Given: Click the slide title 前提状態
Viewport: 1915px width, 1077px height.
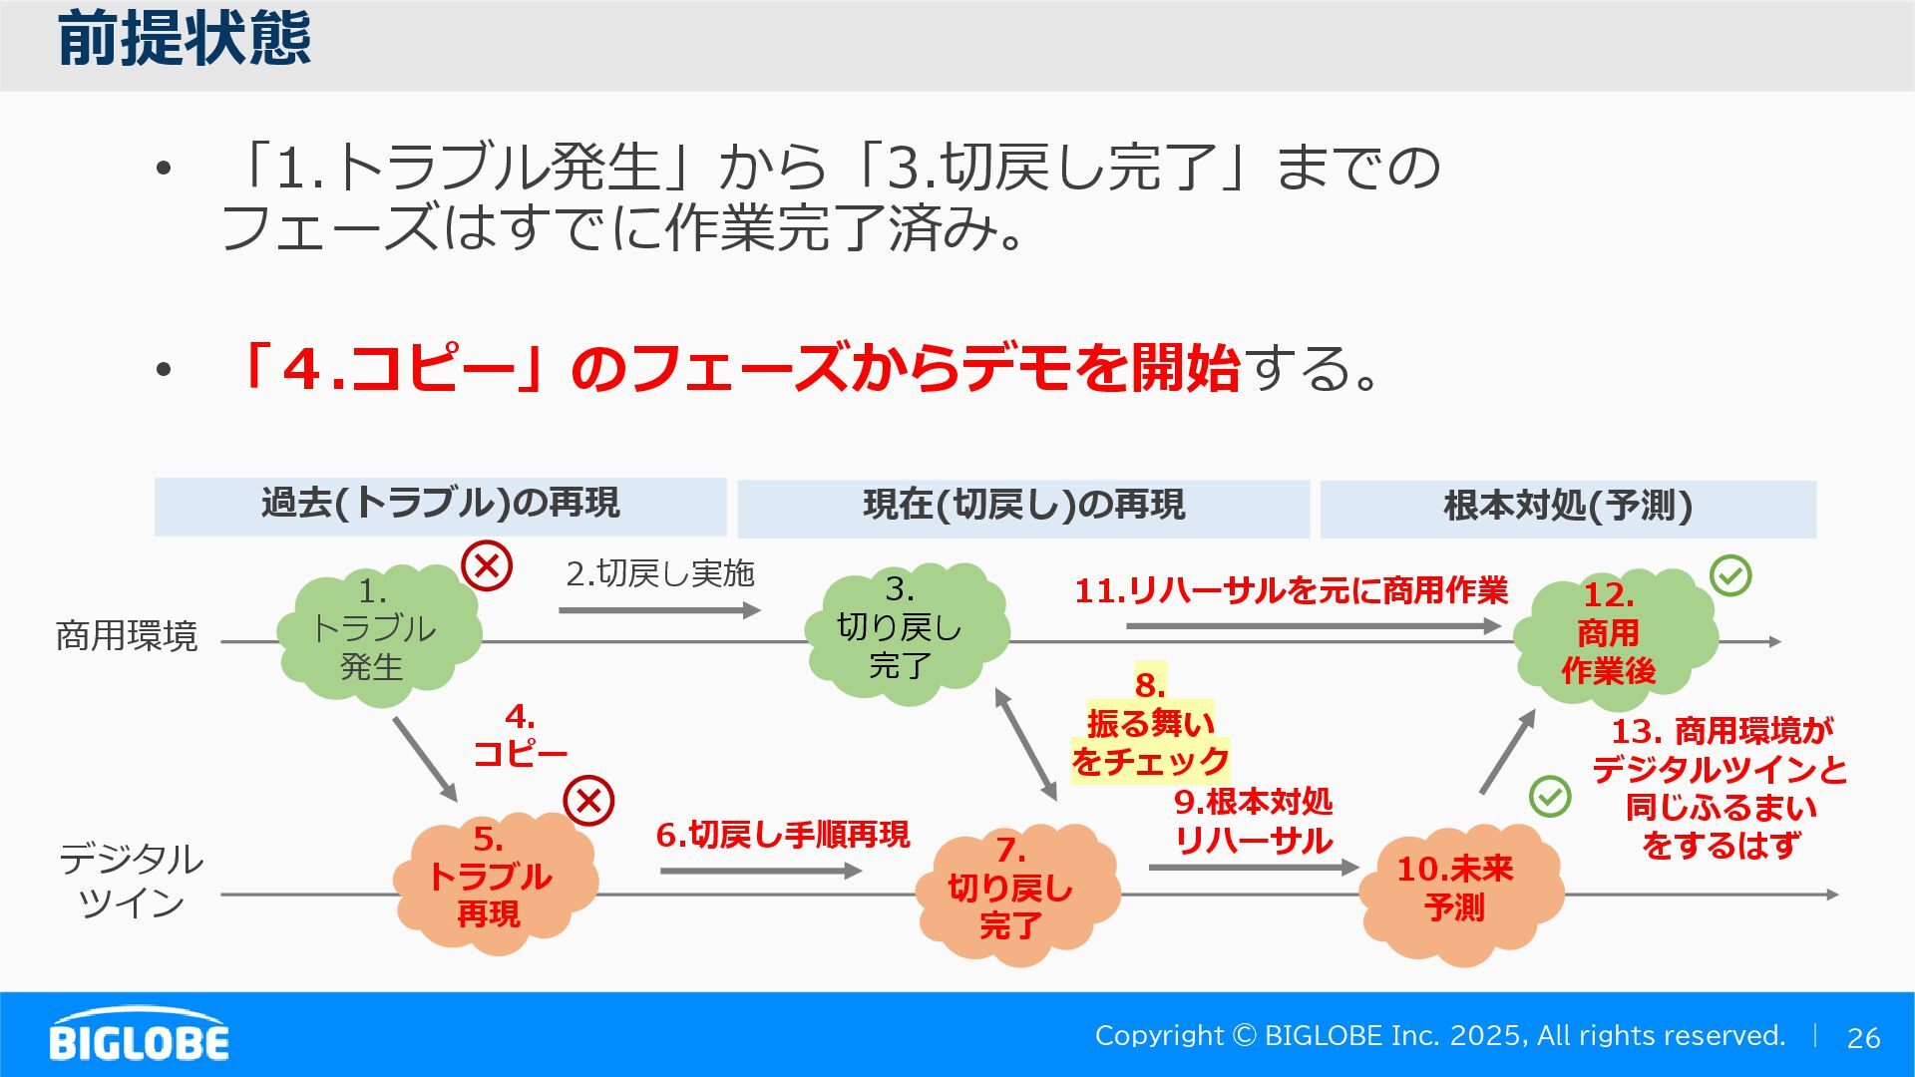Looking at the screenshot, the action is [x=185, y=40].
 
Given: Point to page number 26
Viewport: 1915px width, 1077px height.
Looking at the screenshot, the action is [x=1863, y=1038].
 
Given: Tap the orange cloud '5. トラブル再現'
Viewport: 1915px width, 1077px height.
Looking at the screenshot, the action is [x=493, y=883].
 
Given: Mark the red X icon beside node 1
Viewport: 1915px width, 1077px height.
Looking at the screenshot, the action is [x=487, y=566].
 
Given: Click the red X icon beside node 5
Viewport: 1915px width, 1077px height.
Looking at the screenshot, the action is [x=588, y=801].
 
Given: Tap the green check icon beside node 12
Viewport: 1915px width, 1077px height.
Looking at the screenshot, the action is [x=1730, y=575].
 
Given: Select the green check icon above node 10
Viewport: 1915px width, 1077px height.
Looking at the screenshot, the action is [x=1550, y=796].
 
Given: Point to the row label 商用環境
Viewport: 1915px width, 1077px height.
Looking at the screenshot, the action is [x=127, y=636].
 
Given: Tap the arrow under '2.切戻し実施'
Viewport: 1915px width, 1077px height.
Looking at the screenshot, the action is [x=659, y=610].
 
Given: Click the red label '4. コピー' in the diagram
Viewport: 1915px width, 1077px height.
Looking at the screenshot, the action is [x=520, y=736].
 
